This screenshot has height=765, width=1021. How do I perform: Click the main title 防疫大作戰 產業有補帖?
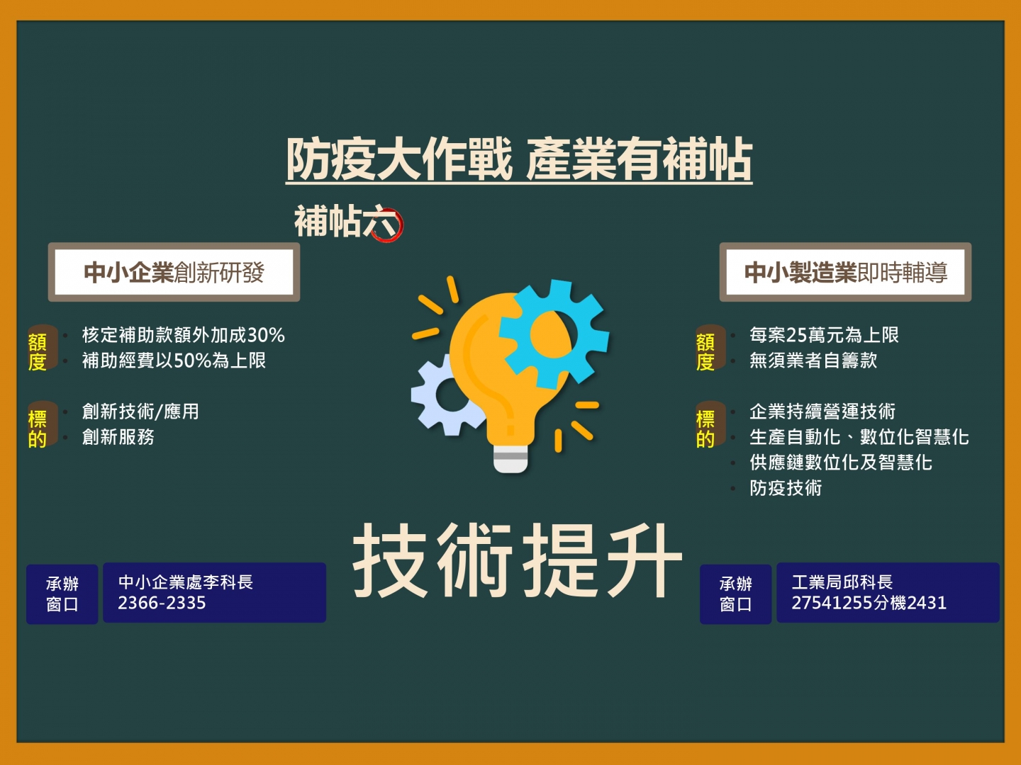pos(518,159)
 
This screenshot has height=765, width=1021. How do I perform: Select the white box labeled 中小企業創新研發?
pos(174,272)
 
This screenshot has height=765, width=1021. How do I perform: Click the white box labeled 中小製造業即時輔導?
pos(845,272)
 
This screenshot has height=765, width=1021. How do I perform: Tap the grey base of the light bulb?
pos(510,458)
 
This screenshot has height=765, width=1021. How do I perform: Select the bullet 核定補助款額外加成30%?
pos(183,335)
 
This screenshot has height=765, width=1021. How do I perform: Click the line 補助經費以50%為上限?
pos(174,361)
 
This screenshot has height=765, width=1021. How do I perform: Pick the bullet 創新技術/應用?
pos(140,412)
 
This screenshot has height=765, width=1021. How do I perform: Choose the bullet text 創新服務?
pos(118,437)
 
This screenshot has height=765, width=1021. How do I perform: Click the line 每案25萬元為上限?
pos(824,335)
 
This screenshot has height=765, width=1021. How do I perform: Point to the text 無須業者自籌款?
pos(813,361)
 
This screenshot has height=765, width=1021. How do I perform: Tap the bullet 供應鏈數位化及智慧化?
pos(840,463)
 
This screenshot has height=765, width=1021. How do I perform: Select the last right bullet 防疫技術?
pos(786,488)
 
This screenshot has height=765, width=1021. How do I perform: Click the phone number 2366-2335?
pos(162,603)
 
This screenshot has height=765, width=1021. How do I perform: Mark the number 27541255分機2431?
pos(869,603)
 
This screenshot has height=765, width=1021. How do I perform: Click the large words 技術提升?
pos(518,560)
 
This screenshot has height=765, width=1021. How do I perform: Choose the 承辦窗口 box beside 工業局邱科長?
pos(735,594)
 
